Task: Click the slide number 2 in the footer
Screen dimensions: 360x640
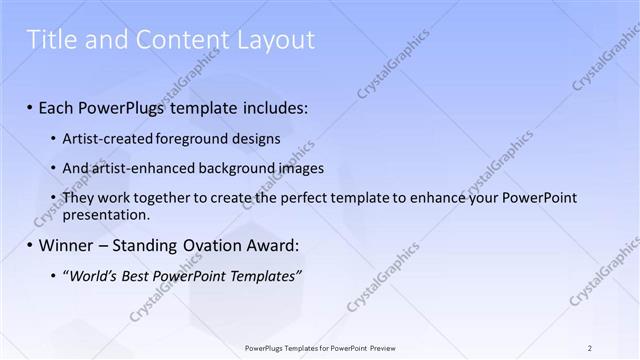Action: point(590,348)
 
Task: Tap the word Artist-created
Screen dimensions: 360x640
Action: point(105,139)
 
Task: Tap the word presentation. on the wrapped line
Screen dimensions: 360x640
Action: point(106,214)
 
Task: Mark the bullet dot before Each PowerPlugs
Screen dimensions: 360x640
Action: point(30,107)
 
